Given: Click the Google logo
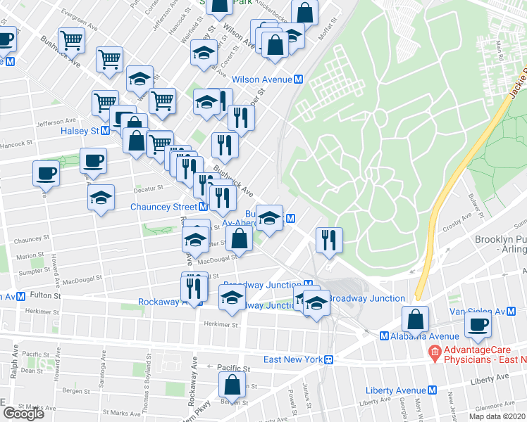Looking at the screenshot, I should [x=23, y=414].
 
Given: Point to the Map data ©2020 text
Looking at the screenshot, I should [x=497, y=416].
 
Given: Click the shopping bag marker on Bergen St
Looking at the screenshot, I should [x=232, y=385].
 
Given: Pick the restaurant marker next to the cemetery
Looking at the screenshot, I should [x=329, y=240].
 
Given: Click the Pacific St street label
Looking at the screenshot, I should [x=233, y=368].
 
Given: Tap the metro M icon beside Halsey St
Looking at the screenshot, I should [x=105, y=131].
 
